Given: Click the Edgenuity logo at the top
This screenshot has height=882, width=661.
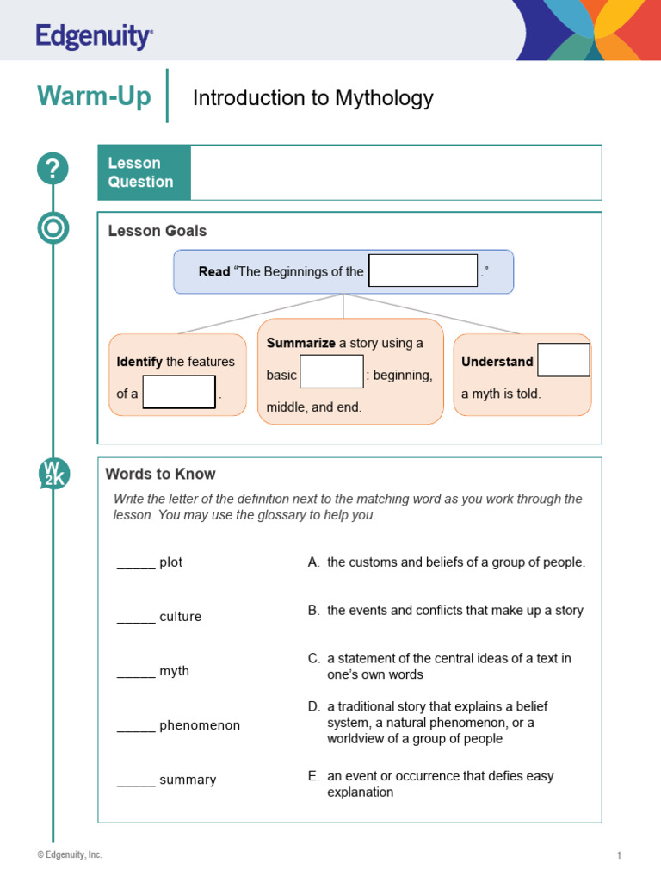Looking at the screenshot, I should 95,36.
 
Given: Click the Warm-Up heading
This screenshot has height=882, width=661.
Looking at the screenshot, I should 94,96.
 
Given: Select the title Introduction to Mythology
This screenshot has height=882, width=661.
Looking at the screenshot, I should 312,98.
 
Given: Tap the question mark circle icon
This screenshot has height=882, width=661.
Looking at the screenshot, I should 53,169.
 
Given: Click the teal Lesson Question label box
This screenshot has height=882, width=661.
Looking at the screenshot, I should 144,172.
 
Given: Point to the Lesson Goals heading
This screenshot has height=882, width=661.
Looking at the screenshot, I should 158,231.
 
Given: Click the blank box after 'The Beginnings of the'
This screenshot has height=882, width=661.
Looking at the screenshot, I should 423,270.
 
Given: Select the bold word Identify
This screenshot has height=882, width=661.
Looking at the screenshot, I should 139,362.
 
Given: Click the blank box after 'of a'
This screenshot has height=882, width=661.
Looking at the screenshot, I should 179,392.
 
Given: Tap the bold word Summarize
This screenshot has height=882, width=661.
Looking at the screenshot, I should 300,343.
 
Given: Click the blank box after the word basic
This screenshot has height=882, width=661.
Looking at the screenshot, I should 331,372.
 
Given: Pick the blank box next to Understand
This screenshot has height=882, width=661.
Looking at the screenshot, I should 564,360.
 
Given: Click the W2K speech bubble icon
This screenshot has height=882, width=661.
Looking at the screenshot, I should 53,475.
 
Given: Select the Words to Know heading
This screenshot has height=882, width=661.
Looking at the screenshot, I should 160,474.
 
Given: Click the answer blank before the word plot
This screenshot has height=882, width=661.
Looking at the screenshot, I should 136,563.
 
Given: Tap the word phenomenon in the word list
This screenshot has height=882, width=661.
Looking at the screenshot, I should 200,725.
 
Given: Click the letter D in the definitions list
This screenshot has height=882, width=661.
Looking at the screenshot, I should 314,706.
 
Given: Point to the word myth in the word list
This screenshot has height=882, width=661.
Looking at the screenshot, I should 174,671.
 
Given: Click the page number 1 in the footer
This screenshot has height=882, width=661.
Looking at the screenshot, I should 619,855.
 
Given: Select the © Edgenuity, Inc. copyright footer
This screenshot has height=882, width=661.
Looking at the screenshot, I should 69,854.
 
